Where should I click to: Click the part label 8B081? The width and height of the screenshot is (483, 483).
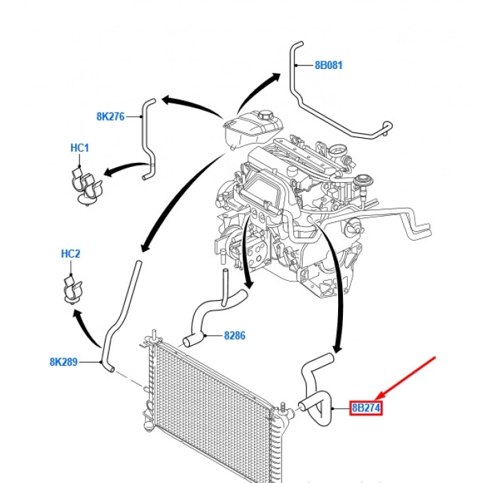tap(328, 66)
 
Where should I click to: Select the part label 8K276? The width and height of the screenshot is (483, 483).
tap(110, 117)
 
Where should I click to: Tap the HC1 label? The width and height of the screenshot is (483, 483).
tap(79, 148)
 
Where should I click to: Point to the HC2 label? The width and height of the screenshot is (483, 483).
tap(70, 254)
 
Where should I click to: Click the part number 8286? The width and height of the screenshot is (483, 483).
tap(235, 336)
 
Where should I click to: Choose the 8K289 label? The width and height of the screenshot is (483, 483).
tap(63, 361)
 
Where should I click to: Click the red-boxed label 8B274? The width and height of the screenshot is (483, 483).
tap(366, 408)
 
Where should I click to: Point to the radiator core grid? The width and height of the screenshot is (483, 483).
tap(207, 407)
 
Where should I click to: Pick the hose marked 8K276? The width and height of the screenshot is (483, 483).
tap(148, 138)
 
